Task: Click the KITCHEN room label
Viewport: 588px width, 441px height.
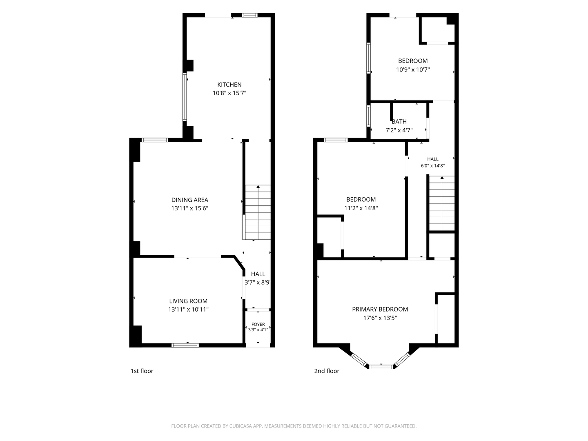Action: point(229,85)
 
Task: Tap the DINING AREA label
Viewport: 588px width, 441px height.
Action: point(189,200)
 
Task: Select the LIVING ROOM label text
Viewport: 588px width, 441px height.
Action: point(188,301)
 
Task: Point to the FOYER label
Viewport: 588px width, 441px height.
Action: point(258,324)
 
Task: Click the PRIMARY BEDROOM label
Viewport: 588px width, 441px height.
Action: point(380,309)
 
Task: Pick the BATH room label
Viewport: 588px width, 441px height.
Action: point(399,122)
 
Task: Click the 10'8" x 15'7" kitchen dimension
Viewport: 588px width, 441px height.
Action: point(229,93)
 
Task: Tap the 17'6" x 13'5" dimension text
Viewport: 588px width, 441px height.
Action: point(380,318)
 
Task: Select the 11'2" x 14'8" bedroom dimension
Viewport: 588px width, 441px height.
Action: point(361,208)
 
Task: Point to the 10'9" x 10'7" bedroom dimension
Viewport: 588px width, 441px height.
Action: point(413,69)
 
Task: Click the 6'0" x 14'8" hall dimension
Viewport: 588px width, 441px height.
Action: point(432,166)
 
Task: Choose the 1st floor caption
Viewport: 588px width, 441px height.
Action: point(142,371)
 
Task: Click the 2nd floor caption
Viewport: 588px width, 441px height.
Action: point(327,371)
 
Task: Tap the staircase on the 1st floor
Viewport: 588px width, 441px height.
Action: point(258,212)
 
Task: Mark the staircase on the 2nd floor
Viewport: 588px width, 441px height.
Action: point(442,203)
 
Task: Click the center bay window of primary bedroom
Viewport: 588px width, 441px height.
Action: point(381,367)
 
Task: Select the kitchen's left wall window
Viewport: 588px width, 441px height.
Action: point(185,97)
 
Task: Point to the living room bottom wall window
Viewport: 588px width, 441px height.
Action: point(185,345)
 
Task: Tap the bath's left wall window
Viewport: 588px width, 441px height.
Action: point(369,116)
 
